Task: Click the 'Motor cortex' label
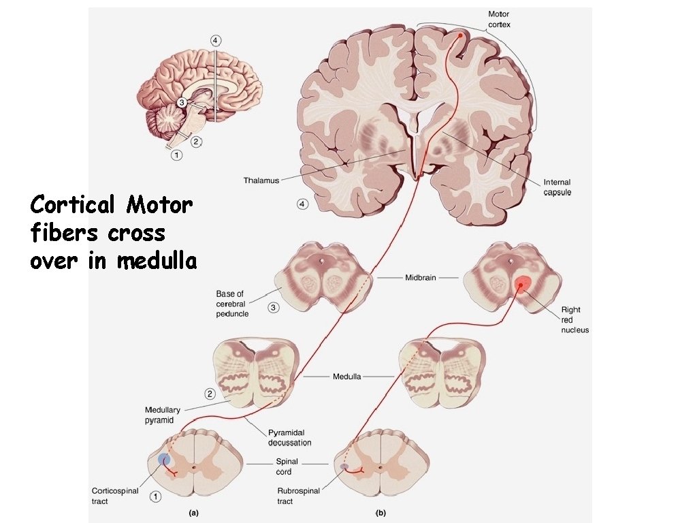498,19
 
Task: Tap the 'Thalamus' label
261,180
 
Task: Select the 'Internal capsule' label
557,187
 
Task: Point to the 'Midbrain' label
421,278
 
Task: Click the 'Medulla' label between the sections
347,376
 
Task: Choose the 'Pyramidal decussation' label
289,437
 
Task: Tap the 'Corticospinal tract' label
115,496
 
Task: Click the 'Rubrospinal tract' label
295,495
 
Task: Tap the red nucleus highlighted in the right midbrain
522,284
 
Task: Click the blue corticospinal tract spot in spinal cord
163,460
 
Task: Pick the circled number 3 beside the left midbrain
273,308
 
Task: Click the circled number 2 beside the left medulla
210,394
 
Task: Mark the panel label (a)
194,511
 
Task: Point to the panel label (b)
382,511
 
